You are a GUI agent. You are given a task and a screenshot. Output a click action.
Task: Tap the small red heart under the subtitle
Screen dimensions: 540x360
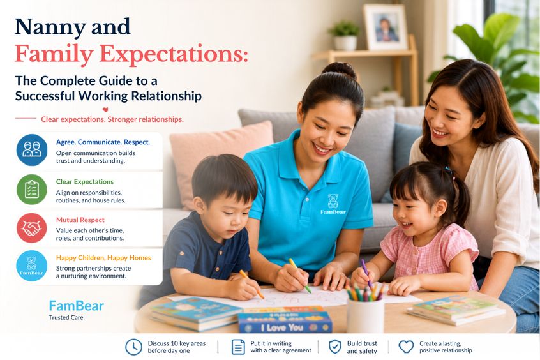(x=105, y=110)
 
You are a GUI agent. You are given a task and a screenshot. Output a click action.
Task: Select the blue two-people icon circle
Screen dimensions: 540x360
(x=32, y=150)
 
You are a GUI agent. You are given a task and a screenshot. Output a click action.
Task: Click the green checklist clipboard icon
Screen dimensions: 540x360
(x=32, y=189)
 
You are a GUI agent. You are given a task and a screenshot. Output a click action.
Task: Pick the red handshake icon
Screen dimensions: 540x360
(x=32, y=228)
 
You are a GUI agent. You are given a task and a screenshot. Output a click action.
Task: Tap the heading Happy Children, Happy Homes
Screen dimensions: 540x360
(x=103, y=258)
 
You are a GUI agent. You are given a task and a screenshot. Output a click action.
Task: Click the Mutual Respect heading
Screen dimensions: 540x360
(x=80, y=220)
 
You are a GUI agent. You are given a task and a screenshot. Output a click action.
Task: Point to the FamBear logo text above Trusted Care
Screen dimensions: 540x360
(x=76, y=306)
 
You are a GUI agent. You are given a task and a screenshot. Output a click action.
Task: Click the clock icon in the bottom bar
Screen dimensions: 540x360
(x=133, y=347)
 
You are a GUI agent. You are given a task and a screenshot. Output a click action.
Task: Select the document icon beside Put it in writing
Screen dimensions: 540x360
(x=238, y=347)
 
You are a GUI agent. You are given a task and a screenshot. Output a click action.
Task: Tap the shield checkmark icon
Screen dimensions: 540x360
(x=334, y=347)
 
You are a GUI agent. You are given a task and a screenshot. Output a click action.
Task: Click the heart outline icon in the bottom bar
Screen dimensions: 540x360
(x=406, y=347)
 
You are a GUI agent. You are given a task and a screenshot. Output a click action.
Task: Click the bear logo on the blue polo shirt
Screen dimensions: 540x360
(x=333, y=204)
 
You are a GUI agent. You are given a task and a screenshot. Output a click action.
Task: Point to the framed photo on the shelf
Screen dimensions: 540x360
(x=386, y=27)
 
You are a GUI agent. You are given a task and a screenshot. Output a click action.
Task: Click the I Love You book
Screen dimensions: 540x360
(x=285, y=322)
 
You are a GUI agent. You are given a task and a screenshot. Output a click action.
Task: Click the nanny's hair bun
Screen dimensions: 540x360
(x=339, y=71)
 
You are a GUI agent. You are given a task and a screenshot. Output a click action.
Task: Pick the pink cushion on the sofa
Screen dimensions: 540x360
(x=220, y=162)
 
